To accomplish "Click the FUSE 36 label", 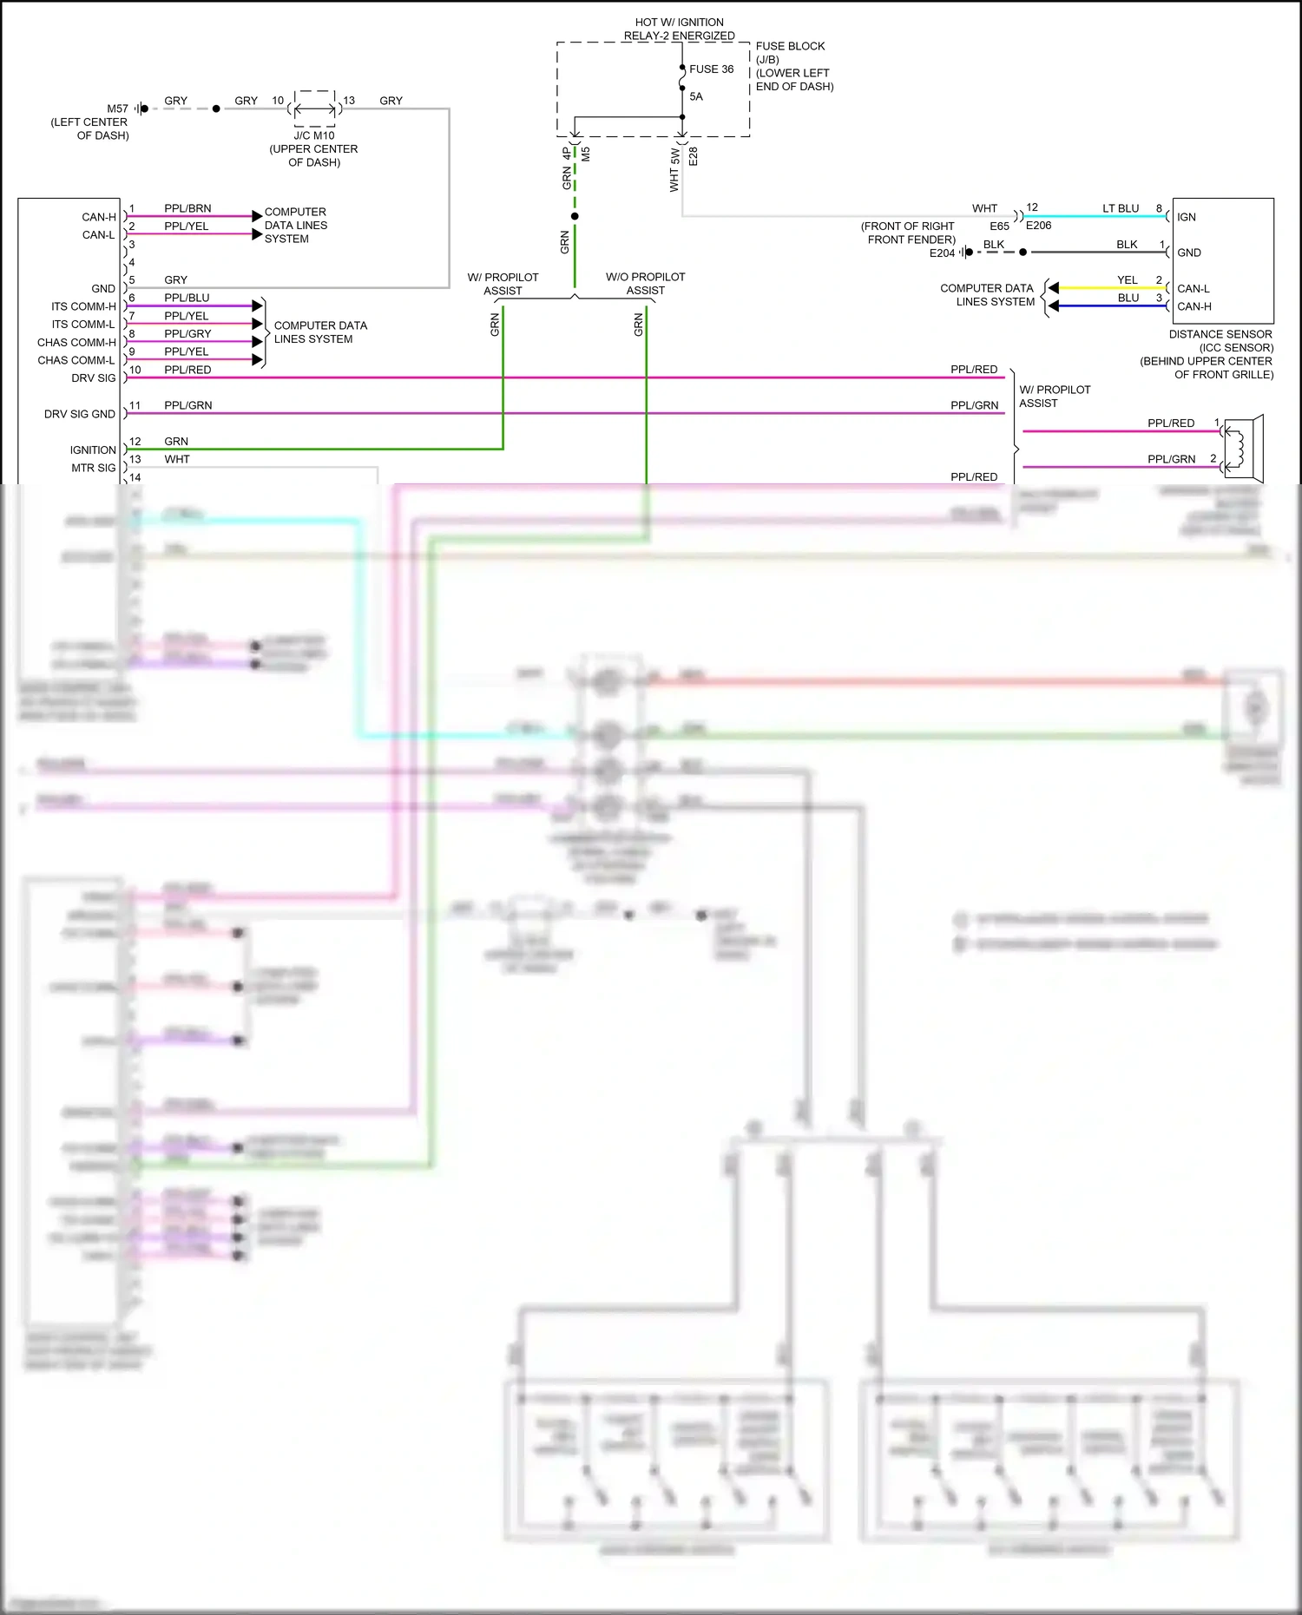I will [711, 69].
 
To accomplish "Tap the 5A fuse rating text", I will [696, 96].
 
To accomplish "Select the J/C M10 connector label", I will [313, 135].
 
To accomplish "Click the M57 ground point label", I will [117, 108].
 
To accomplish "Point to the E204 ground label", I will [942, 253].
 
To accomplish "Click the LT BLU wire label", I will [1121, 208].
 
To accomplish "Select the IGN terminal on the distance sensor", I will [1187, 217].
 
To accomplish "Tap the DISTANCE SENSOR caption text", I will [1220, 334].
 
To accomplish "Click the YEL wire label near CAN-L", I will [1127, 279].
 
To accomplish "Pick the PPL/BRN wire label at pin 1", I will [187, 208].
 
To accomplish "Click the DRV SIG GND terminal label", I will [79, 414].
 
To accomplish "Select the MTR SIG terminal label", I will [93, 468].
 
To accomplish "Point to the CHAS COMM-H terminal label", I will [76, 343].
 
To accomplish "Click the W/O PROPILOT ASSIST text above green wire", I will [645, 284].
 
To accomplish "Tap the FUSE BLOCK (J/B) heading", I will [789, 52].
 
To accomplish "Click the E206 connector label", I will [1038, 226].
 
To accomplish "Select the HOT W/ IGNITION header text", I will [679, 23].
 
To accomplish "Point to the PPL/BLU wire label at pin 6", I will [187, 298].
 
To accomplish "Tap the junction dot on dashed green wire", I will [575, 216].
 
